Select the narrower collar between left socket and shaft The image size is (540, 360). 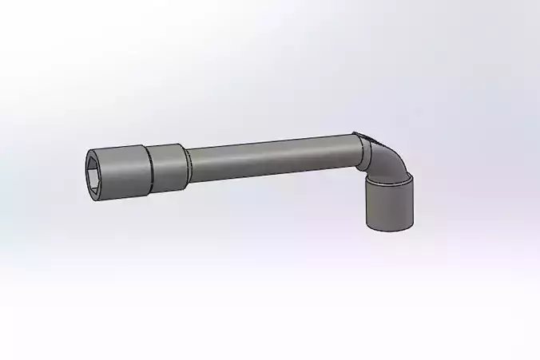coord(167,167)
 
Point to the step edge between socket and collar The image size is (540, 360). coord(149,168)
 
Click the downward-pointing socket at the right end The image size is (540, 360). coord(390,204)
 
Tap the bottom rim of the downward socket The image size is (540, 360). coord(391,228)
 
